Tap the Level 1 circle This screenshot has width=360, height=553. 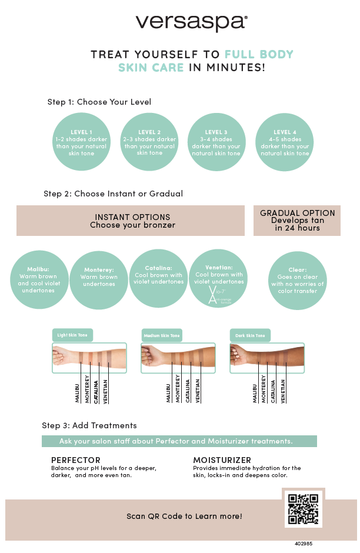pyautogui.click(x=81, y=142)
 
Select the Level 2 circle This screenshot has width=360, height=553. pyautogui.click(x=149, y=142)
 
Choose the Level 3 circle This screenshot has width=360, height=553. pyautogui.click(x=216, y=142)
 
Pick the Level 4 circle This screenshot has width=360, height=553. pyautogui.click(x=285, y=142)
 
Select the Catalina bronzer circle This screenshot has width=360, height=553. pyautogui.click(x=158, y=278)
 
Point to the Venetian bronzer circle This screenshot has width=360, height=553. pyautogui.click(x=219, y=278)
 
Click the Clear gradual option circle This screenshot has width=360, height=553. pyautogui.click(x=297, y=280)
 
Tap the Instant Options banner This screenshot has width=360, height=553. pyautogui.click(x=131, y=221)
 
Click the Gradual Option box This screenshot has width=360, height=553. pyautogui.click(x=297, y=221)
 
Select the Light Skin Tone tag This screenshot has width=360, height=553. pyautogui.click(x=72, y=335)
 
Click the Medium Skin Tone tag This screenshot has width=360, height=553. pyautogui.click(x=162, y=335)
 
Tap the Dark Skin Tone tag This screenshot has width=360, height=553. pyautogui.click(x=250, y=335)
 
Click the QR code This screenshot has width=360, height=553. pyautogui.click(x=304, y=508)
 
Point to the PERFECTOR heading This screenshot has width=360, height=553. pyautogui.click(x=76, y=460)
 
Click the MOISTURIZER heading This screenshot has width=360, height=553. pyautogui.click(x=222, y=460)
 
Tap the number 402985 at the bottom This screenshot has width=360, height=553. pyautogui.click(x=304, y=544)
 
